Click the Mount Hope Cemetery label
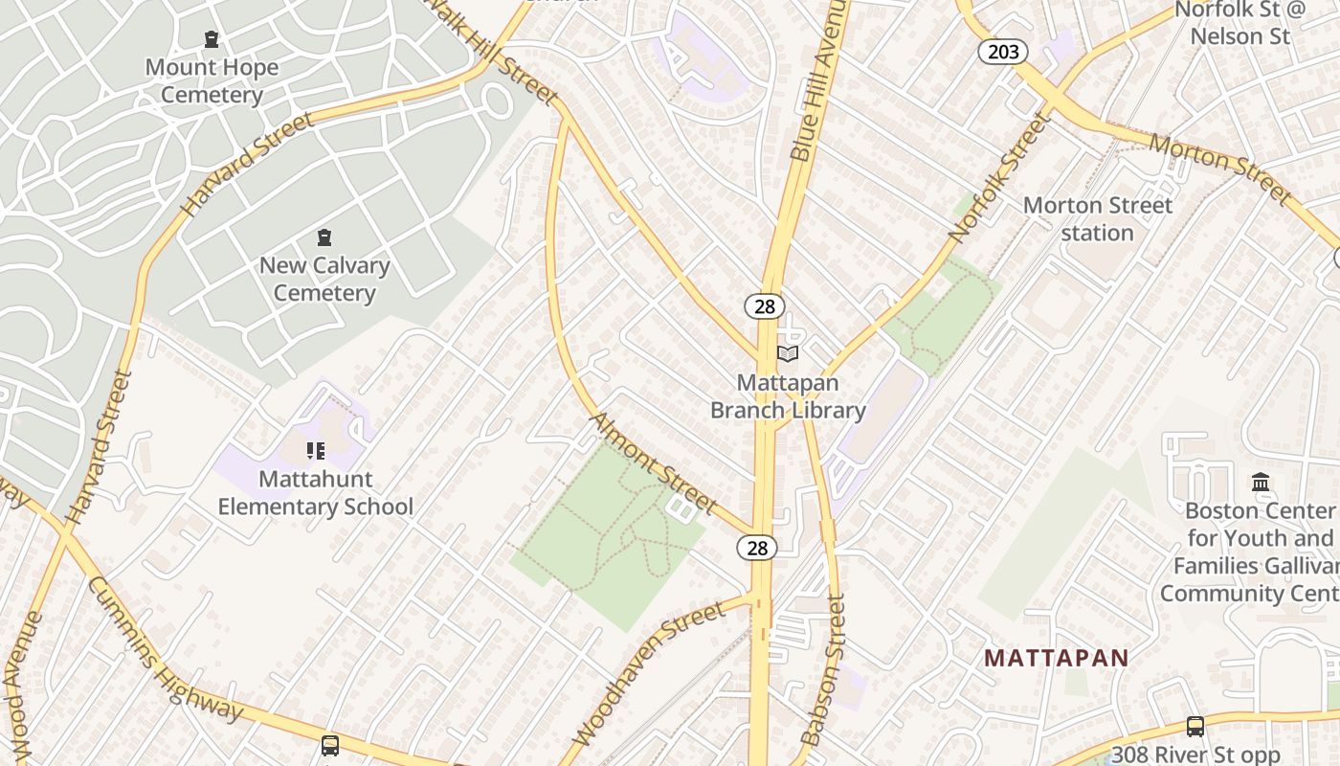[x=212, y=80]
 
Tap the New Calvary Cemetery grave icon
[x=324, y=237]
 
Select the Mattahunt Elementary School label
[x=316, y=492]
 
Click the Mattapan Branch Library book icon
[x=788, y=354]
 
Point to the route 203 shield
[x=1003, y=52]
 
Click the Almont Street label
[x=654, y=463]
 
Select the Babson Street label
[x=824, y=670]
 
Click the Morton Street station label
[x=1097, y=219]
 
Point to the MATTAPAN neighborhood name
[x=1057, y=659]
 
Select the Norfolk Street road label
[x=1000, y=178]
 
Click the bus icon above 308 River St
[x=1195, y=727]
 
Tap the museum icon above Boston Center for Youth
[x=1261, y=482]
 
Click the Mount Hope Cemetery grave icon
[x=212, y=39]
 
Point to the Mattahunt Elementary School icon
[x=316, y=450]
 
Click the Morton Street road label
[x=1220, y=169]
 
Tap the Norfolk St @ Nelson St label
[x=1239, y=23]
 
